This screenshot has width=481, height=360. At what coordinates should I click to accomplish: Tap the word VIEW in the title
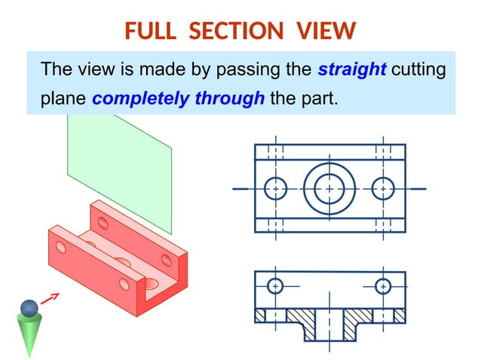point(326,31)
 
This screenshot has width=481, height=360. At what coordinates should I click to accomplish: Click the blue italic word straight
point(352,70)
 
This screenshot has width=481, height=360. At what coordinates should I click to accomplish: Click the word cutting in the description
point(418,70)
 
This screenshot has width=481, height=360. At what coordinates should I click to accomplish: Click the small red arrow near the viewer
point(50,298)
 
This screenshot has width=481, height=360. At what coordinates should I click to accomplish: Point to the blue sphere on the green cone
point(29,308)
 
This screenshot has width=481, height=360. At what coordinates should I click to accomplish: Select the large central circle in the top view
point(329,188)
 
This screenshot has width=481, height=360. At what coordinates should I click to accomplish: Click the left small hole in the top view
point(276,188)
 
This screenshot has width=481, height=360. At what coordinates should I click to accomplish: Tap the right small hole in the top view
point(383,188)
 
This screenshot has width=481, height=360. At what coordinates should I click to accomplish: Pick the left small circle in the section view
point(275,286)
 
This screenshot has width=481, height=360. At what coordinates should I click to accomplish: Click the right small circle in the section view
point(383,286)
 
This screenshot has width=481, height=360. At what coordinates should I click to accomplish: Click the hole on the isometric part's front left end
point(61,247)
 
